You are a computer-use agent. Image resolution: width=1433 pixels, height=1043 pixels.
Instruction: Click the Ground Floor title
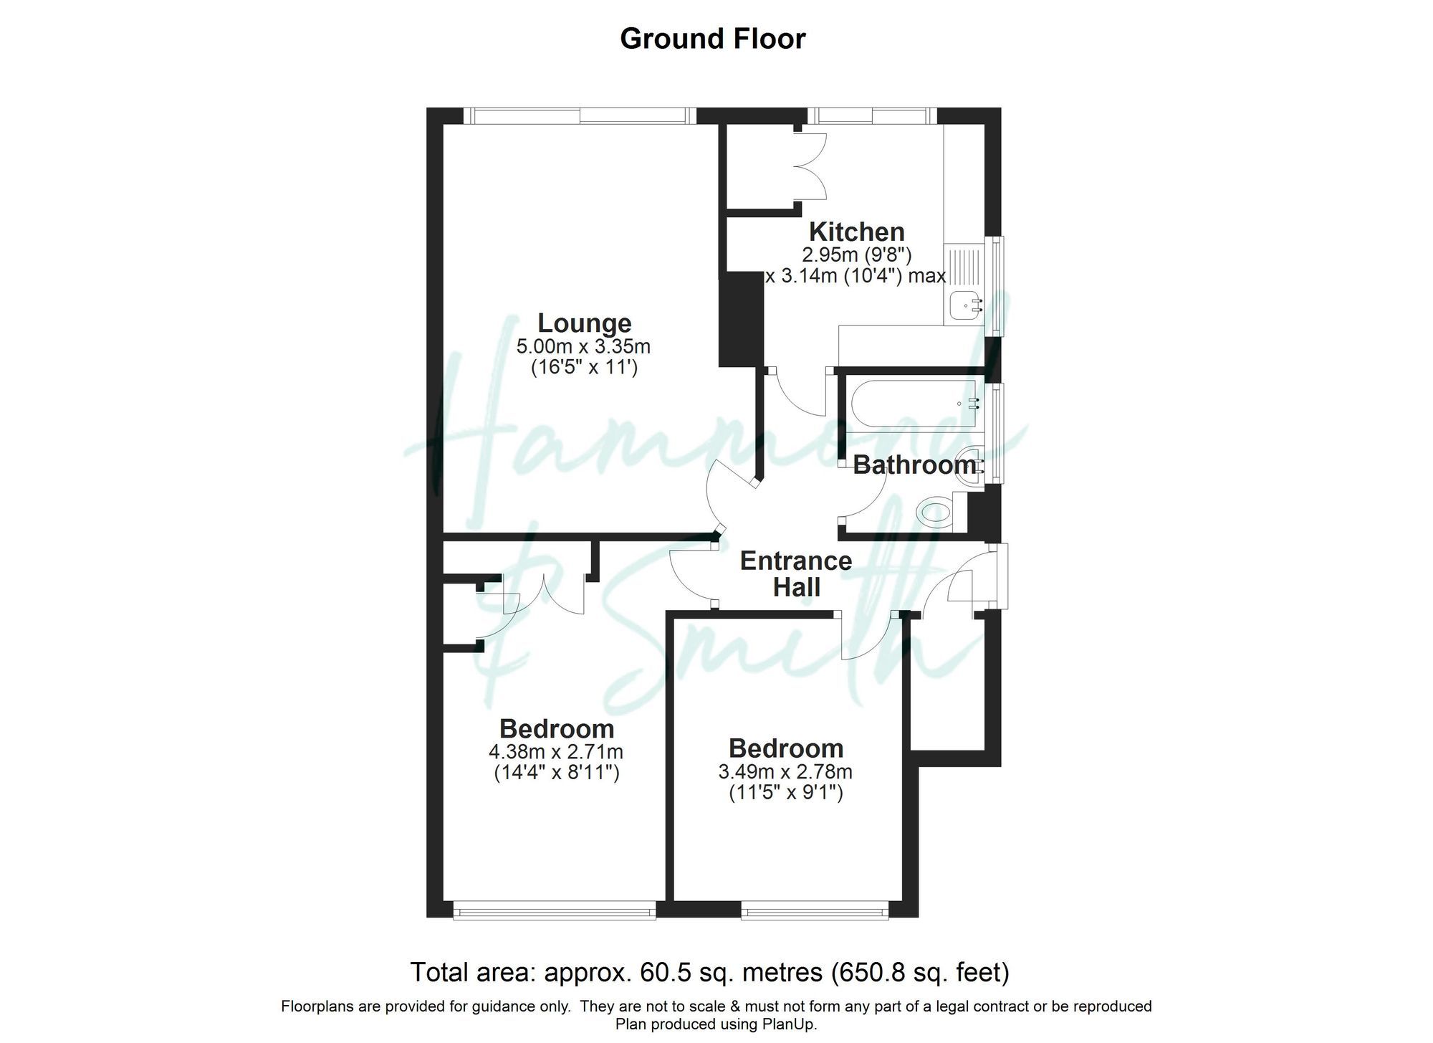coord(712,39)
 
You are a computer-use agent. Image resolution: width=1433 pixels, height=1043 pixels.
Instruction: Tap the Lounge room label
coord(584,323)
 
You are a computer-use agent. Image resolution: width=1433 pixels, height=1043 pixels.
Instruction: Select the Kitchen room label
coord(856,232)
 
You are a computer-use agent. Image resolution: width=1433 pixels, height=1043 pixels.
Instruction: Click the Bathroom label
coord(914,465)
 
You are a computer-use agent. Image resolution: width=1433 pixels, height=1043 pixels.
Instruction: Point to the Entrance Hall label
coord(795,573)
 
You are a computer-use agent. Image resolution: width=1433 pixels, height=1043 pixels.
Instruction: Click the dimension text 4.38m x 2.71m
coord(556,752)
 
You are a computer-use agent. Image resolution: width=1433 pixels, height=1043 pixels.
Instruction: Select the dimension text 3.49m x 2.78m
coord(785,772)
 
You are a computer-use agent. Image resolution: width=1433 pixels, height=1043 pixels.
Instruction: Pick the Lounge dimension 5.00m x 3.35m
coord(583,347)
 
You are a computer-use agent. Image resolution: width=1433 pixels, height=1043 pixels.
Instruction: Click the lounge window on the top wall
coord(580,115)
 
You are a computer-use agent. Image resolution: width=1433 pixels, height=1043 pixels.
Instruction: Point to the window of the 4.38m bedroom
coord(555,911)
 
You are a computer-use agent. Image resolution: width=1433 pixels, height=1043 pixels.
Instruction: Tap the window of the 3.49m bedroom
coord(815,911)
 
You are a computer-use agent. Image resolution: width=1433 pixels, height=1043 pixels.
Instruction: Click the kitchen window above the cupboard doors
coord(872,115)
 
